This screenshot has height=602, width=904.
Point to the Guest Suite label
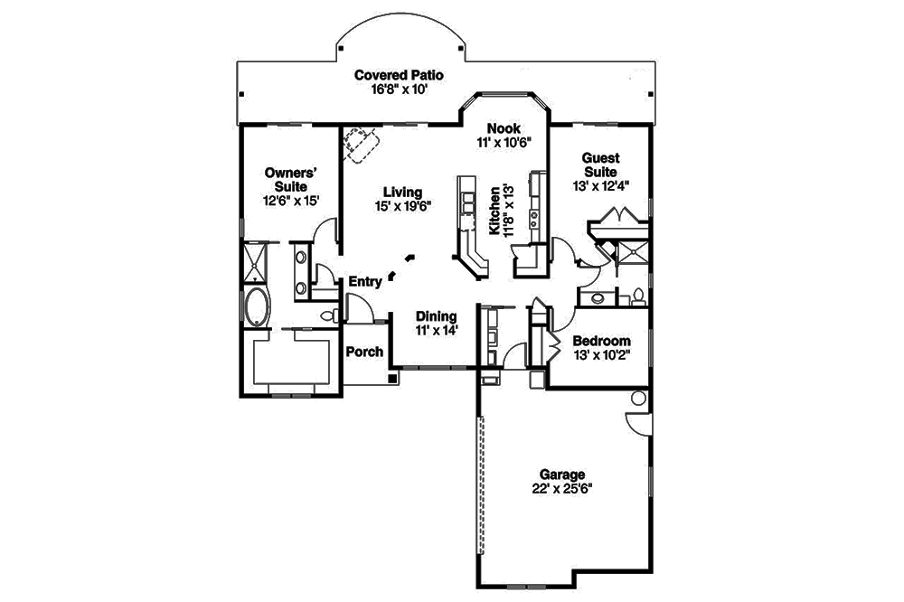tap(599, 165)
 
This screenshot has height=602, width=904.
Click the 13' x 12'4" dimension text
tap(600, 185)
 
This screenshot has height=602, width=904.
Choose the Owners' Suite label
tap(288, 178)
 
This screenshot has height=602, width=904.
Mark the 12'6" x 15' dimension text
tap(289, 200)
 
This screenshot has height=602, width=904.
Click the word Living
tap(402, 192)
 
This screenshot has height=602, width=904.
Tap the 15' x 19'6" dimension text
tap(402, 206)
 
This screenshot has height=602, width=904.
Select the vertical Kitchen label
tap(495, 212)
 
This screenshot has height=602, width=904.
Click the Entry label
tap(365, 282)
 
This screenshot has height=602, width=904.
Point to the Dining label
tap(436, 316)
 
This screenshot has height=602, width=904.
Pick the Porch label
tap(364, 352)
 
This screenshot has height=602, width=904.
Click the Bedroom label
tap(601, 341)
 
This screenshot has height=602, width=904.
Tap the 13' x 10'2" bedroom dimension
tap(601, 354)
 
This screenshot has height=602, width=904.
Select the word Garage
tap(562, 474)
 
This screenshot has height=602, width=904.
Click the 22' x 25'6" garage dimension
tap(562, 488)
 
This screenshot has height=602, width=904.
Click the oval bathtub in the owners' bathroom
tap(256, 307)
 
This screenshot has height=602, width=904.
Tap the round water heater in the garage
tap(639, 398)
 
